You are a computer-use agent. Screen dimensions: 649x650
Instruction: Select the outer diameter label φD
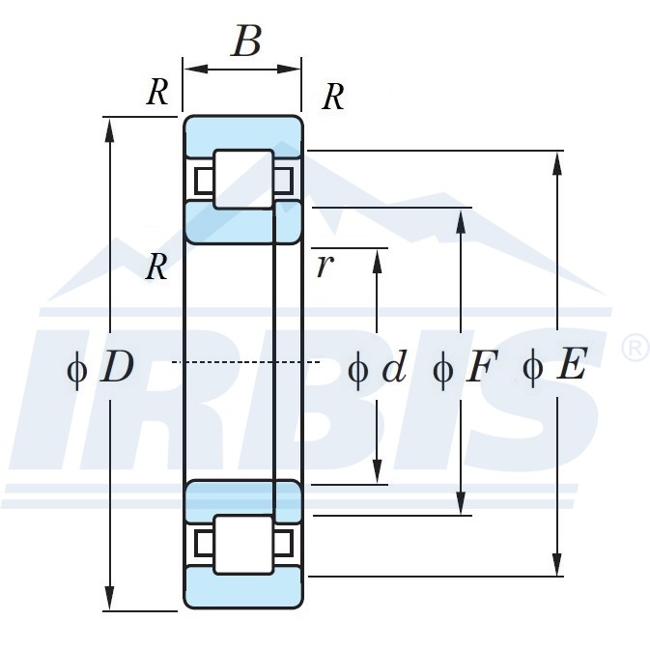pos(101,368)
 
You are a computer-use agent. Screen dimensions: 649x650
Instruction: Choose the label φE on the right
pos(553,368)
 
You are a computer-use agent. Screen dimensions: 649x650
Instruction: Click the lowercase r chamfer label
pos(325,266)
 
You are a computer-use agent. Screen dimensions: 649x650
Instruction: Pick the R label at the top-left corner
pos(157,93)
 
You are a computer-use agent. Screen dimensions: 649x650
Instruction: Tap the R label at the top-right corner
pos(332,97)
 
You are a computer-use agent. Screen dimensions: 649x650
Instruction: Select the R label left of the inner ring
pos(156,267)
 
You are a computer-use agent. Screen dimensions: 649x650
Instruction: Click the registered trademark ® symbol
pos(634,347)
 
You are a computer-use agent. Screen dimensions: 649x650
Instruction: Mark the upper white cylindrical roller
pos(242,179)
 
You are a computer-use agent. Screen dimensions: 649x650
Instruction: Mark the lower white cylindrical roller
pos(242,545)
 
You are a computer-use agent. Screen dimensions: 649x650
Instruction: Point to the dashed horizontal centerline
pos(246,361)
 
